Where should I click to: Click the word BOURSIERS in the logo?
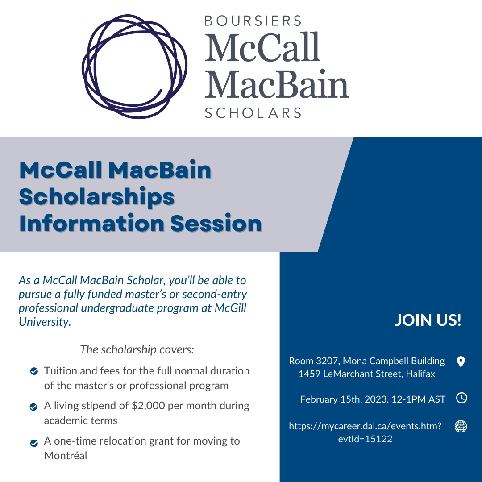tap(253, 21)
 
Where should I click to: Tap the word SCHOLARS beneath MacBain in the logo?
tap(253, 113)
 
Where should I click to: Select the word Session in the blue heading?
tap(216, 223)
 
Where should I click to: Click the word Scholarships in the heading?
tap(97, 197)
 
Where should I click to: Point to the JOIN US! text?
tap(428, 320)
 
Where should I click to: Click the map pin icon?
tap(461, 361)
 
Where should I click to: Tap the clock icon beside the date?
tap(461, 398)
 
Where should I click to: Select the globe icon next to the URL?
tap(461, 426)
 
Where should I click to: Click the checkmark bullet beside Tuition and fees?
tap(34, 371)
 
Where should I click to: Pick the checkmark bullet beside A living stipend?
tap(33, 407)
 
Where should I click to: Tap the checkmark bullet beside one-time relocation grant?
tap(34, 443)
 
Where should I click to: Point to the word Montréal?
tap(66, 455)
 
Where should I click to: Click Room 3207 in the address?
tap(314, 361)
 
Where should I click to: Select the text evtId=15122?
tap(365, 439)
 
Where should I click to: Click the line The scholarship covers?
tap(137, 349)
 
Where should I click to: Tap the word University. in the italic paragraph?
tap(45, 322)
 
